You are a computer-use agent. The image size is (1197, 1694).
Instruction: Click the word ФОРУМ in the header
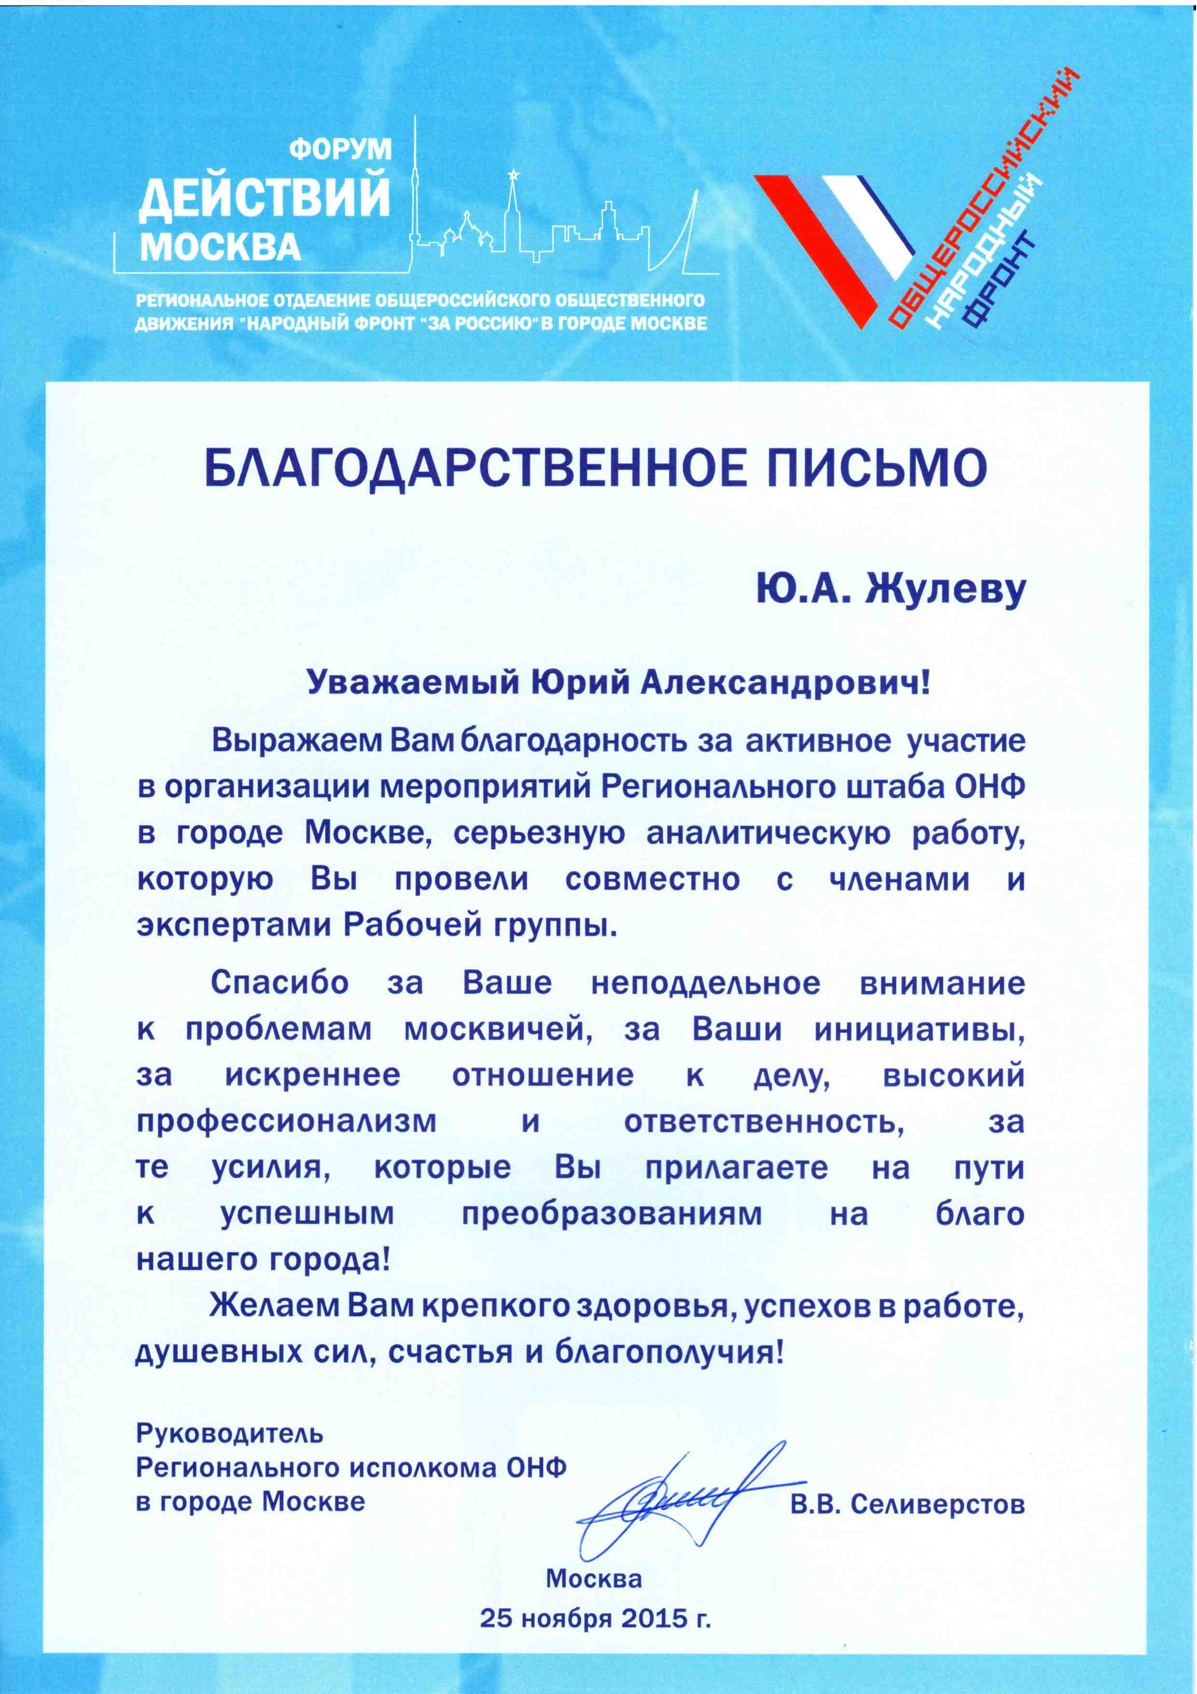pyautogui.click(x=340, y=149)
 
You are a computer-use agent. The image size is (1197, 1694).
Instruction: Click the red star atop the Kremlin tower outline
pyautogui.click(x=511, y=174)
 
